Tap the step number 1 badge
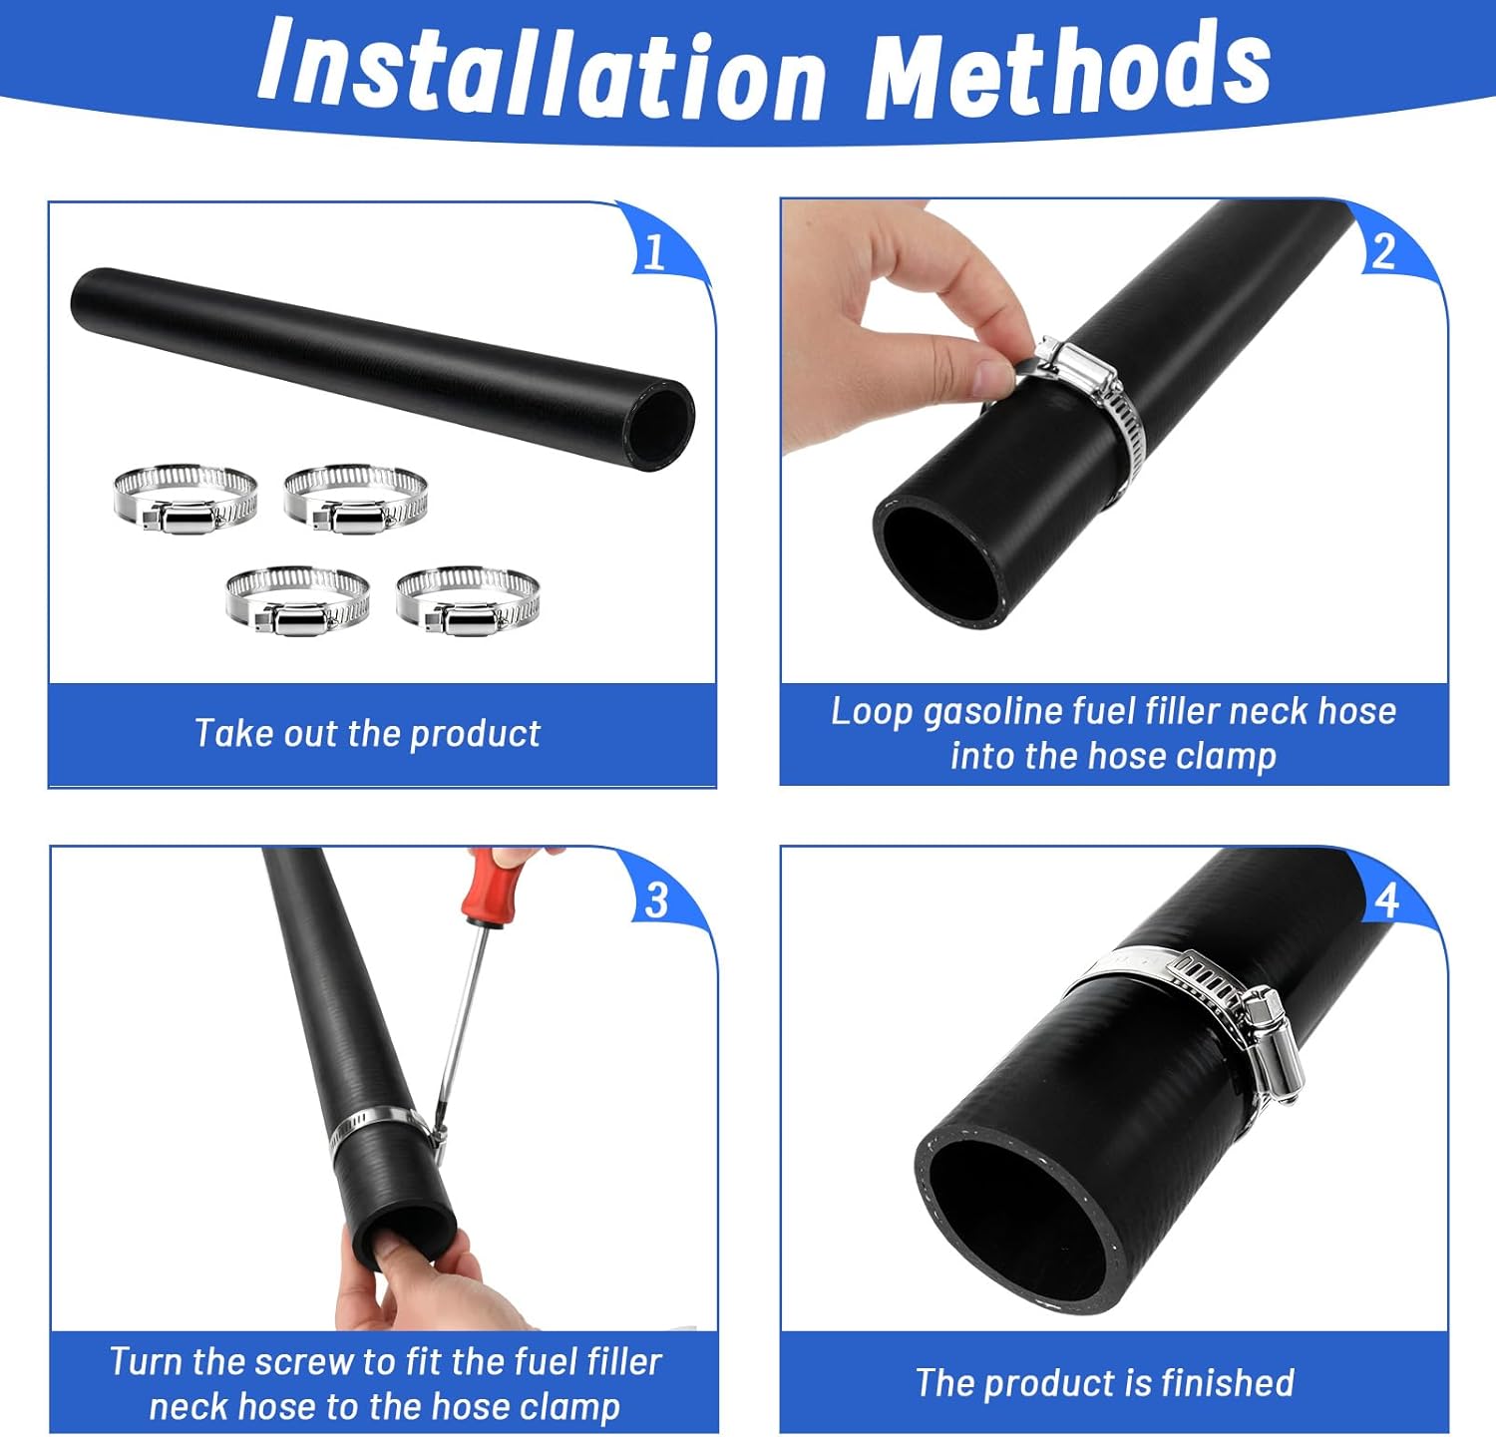click(655, 253)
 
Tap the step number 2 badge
click(1383, 251)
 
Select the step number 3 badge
click(656, 901)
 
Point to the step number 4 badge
click(1386, 900)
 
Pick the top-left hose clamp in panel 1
click(185, 499)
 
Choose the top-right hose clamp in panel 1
click(356, 499)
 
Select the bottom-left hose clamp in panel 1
click(297, 601)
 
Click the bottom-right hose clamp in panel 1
click(468, 601)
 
